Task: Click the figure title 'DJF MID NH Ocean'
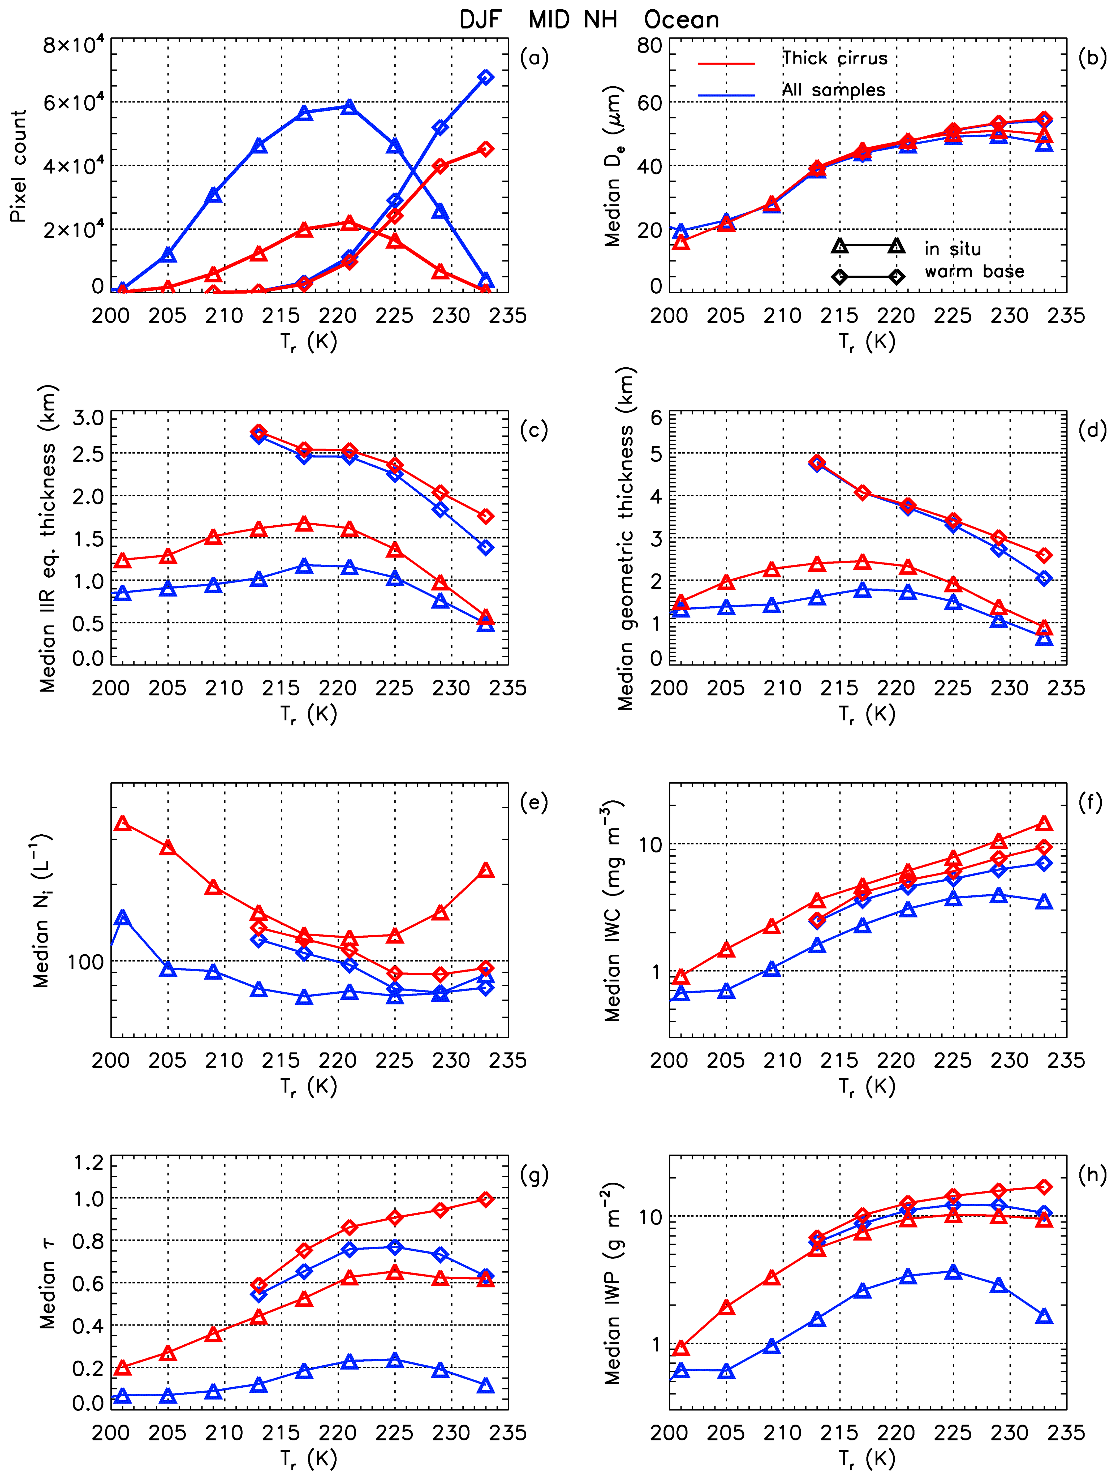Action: click(589, 20)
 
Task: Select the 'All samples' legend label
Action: click(834, 90)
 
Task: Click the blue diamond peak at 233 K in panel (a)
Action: click(486, 78)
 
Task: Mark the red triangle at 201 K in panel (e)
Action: click(122, 823)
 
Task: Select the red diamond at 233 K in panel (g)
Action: click(486, 1200)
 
